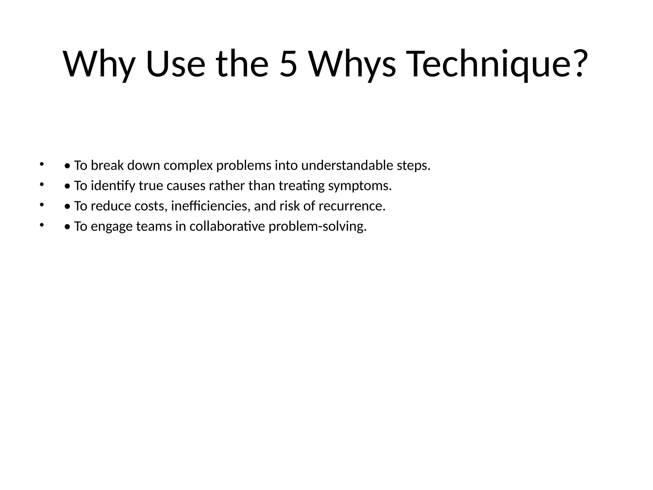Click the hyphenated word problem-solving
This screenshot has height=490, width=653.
click(x=318, y=226)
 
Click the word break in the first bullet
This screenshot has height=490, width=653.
click(x=107, y=166)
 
